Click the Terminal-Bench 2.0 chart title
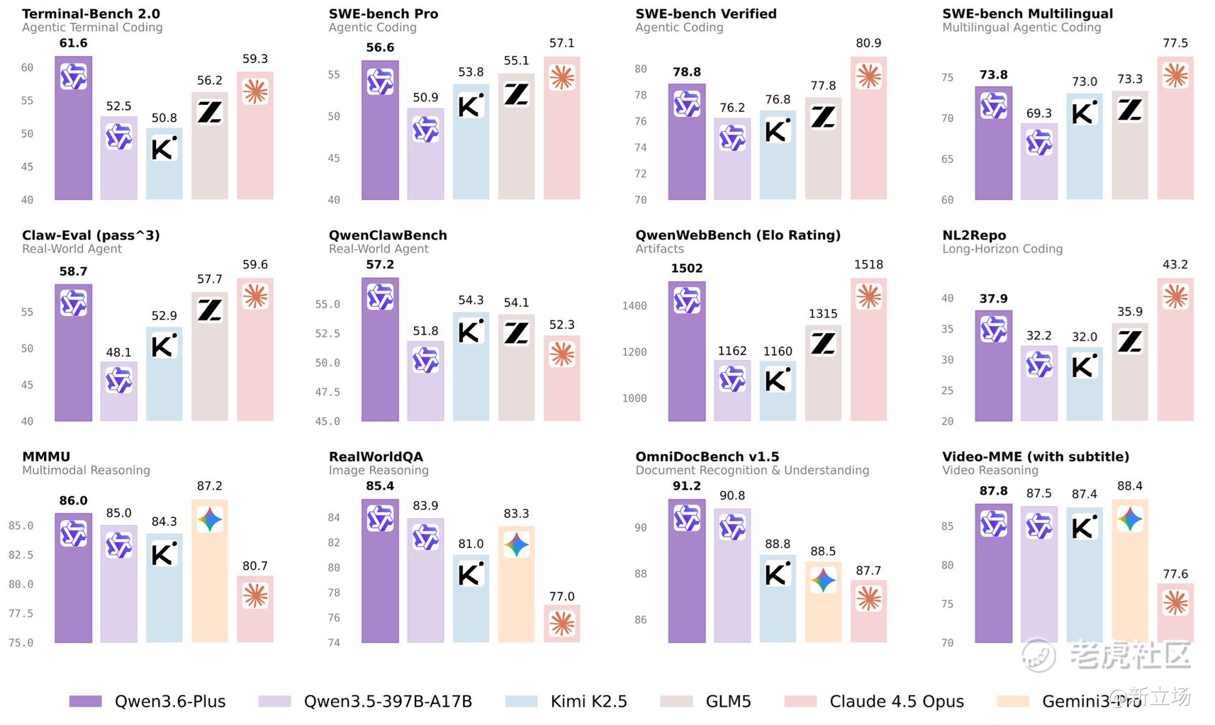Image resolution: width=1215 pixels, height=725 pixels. point(91,13)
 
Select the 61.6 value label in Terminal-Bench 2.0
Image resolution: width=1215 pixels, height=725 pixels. point(73,43)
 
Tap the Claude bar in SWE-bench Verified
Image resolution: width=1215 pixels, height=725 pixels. point(868,135)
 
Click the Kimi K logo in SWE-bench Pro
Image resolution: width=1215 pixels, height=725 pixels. point(471,105)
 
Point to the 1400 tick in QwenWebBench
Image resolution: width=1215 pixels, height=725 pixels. point(634,305)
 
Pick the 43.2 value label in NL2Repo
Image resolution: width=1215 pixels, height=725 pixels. point(1175,264)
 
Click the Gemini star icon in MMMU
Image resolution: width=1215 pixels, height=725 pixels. point(210,519)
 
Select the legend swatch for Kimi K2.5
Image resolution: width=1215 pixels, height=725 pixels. point(521,701)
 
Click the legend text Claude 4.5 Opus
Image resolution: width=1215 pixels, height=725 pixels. point(896,701)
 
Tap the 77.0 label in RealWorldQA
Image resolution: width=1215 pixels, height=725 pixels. point(561,596)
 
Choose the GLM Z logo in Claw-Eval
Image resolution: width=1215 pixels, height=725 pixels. point(210,310)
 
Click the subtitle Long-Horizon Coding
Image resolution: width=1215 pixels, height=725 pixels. point(1002,249)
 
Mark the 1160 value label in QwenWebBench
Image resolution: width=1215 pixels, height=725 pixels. point(778,351)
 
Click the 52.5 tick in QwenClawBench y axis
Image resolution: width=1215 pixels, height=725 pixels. point(327,333)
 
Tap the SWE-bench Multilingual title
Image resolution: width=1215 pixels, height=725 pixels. point(1027,13)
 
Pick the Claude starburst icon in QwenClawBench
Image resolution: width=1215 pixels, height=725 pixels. point(561,354)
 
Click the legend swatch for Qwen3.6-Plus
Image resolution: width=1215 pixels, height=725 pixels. point(85,701)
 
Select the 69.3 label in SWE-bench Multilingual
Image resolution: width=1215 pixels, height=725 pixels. point(1038,113)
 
